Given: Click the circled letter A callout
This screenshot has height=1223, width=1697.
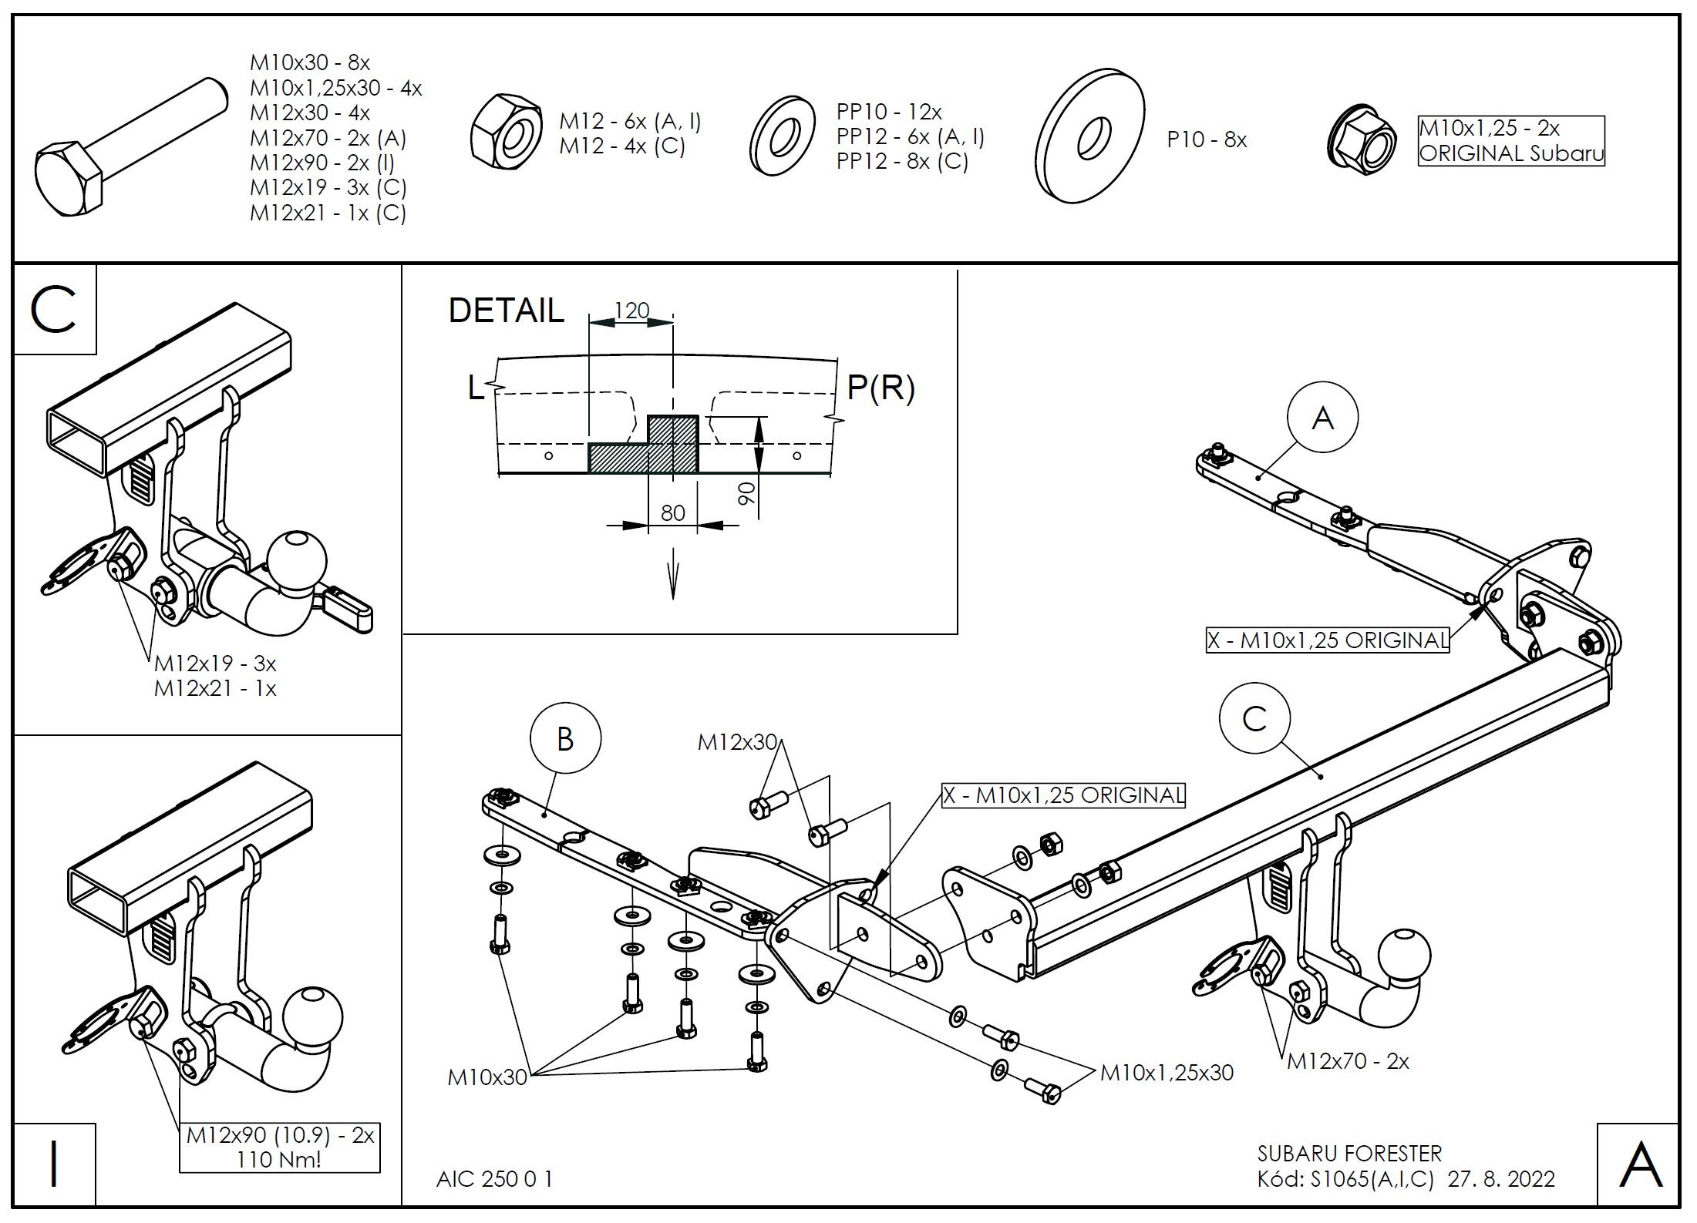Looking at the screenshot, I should tap(1322, 418).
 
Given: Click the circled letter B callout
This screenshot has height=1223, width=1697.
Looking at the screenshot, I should tap(565, 738).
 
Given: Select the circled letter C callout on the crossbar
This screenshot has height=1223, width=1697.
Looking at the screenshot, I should tap(1254, 719).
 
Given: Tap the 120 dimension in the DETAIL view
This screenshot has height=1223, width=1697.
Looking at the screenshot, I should tap(631, 311).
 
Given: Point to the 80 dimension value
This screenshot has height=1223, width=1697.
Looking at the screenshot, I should tap(673, 512).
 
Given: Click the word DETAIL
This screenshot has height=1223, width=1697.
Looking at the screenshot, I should tap(506, 311).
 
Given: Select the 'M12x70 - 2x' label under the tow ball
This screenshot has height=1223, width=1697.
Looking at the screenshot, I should tap(1348, 1061).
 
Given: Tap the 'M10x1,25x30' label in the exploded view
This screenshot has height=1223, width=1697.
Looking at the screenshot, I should tap(1167, 1072).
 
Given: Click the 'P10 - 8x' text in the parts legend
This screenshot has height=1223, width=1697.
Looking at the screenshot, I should tap(1207, 139).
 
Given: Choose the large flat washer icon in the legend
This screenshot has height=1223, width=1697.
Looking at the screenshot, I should tap(1090, 136).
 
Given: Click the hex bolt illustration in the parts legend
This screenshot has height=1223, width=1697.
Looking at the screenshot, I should tap(131, 146).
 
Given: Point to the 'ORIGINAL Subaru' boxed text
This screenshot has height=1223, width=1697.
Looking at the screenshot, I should tap(1511, 153).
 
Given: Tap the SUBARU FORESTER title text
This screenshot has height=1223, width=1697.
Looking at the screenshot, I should tap(1349, 1154).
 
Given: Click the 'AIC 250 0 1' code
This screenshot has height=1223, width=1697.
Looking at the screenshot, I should tap(494, 1178).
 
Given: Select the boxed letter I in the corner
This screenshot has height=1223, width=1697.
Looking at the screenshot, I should tap(55, 1164).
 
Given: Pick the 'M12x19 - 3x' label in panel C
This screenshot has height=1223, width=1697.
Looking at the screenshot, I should tap(215, 663).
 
